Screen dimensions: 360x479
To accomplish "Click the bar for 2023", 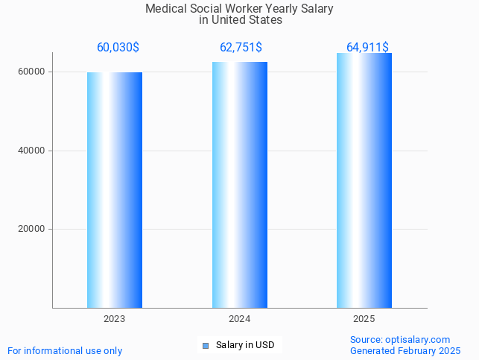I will click(114, 190).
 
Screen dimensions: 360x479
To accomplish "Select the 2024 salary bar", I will click(239, 185).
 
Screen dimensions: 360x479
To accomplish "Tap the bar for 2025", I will click(364, 180).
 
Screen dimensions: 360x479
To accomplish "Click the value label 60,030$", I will click(118, 48).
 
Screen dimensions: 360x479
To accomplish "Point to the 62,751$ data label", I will click(241, 48).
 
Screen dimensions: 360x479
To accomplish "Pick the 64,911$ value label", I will click(367, 48).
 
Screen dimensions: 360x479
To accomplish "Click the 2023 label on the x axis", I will click(114, 319).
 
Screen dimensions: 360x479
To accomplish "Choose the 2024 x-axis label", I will click(239, 319).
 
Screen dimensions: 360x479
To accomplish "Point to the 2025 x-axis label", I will click(364, 319).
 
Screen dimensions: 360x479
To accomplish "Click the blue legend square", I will click(206, 345).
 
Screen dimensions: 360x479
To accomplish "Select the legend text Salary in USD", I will click(245, 345).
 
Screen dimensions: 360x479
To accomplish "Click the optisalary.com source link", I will click(417, 339).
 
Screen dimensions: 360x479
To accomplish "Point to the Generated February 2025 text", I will click(405, 350).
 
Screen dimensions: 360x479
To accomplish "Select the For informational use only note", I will click(65, 350).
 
